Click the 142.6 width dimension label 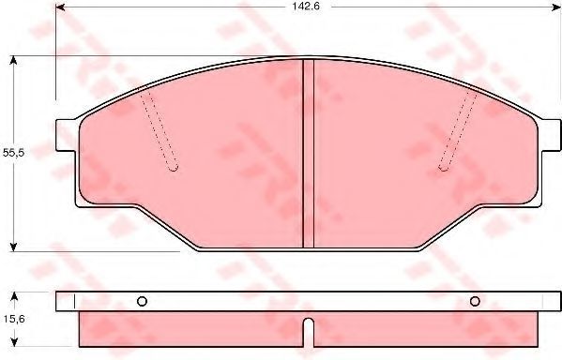point(306,7)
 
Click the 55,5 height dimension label point(13,153)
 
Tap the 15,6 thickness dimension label point(14,319)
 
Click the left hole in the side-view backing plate point(142,302)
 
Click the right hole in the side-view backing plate point(475,302)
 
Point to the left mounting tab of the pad point(67,135)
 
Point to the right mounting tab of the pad point(549,135)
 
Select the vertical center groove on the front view point(309,154)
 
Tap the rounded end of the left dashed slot point(174,168)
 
